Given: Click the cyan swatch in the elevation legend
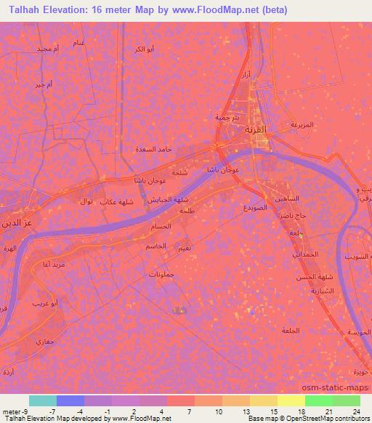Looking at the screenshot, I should (x=43, y=400).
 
